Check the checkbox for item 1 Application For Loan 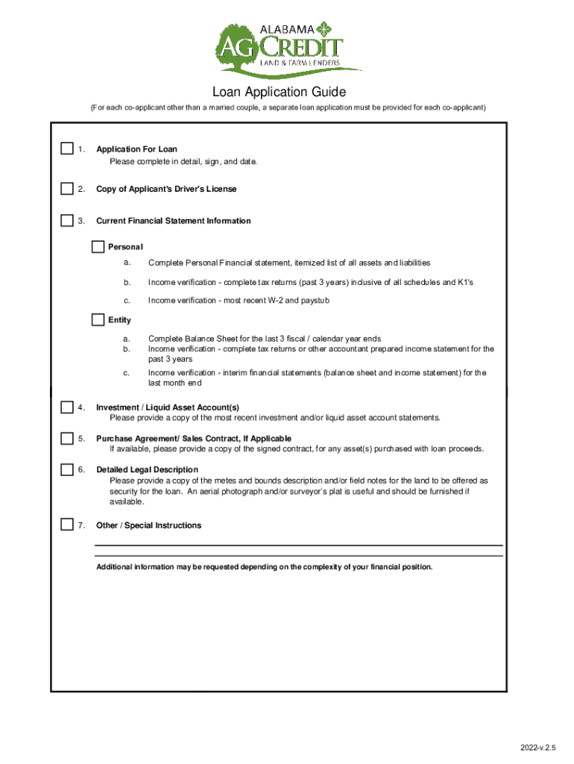coord(67,149)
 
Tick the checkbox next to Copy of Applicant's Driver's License coord(67,189)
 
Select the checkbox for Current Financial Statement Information coord(67,221)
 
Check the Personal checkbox coord(98,247)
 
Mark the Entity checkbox coord(98,320)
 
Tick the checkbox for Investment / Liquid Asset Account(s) coord(67,407)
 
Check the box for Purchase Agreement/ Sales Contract coord(67,439)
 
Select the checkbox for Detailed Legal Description coord(67,470)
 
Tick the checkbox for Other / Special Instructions coord(67,525)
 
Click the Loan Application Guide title coord(279,93)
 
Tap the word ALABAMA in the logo coord(287,29)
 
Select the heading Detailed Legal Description coord(147,470)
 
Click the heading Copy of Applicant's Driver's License coord(166,190)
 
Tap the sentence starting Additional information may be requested coord(264,567)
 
